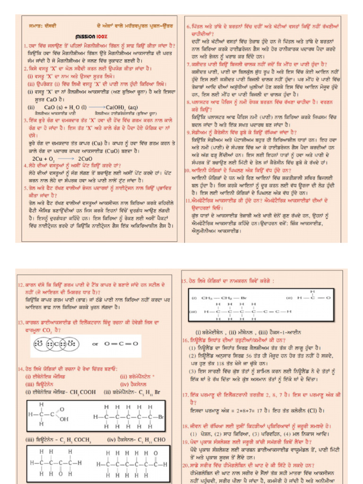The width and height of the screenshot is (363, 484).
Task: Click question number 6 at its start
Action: (x=188, y=26)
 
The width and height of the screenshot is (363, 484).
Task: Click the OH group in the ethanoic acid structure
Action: (x=64, y=419)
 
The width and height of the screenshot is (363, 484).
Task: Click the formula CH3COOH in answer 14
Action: (x=70, y=392)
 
